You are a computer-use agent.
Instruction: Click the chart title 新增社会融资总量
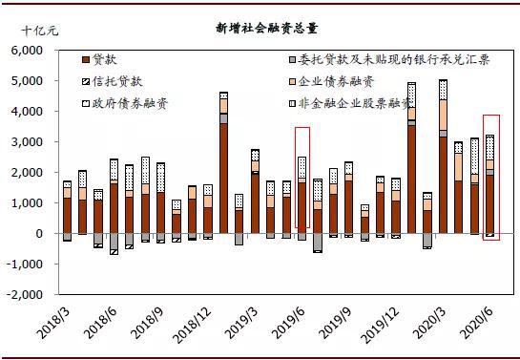tap(266, 29)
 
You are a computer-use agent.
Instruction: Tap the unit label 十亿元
tap(40, 32)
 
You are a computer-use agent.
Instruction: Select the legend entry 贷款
tap(99, 60)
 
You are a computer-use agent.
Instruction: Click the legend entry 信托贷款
tap(113, 81)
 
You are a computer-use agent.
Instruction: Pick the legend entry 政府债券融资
tap(125, 103)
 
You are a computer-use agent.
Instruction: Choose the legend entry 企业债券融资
tap(332, 81)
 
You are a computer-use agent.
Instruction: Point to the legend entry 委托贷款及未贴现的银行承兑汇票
tap(389, 60)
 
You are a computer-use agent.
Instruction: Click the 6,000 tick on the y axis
tap(28, 51)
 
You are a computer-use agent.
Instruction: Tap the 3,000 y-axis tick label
tap(28, 142)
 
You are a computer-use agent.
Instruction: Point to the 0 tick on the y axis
tap(39, 234)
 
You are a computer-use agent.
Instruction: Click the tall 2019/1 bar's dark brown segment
tap(224, 179)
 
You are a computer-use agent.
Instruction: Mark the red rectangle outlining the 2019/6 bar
tap(302, 127)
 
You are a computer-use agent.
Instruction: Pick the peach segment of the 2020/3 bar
tap(443, 116)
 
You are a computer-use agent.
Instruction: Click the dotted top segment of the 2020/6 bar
tap(490, 148)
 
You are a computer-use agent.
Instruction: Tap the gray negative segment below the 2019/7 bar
tap(318, 242)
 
